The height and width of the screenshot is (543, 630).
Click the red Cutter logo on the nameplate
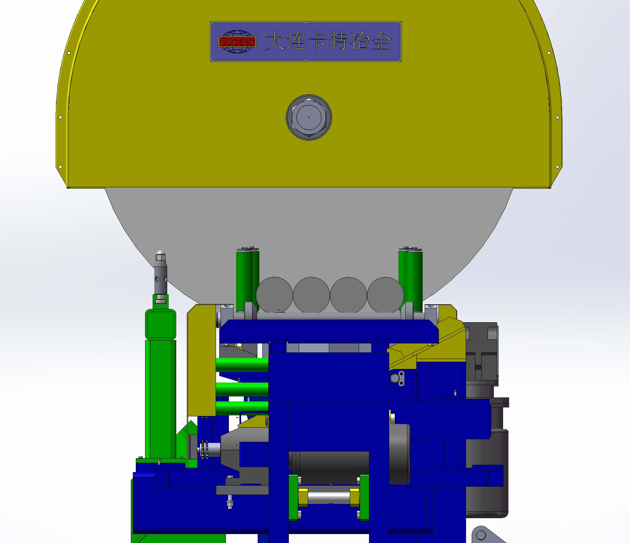click(237, 42)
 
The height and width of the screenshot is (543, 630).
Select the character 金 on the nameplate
click(382, 41)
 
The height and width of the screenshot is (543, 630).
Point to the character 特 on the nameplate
click(339, 41)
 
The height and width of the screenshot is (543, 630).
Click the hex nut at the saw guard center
click(309, 117)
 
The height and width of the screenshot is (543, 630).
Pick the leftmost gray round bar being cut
click(274, 295)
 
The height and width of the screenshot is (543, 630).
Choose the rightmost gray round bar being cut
click(385, 295)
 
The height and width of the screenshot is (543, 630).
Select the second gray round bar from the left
click(311, 295)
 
